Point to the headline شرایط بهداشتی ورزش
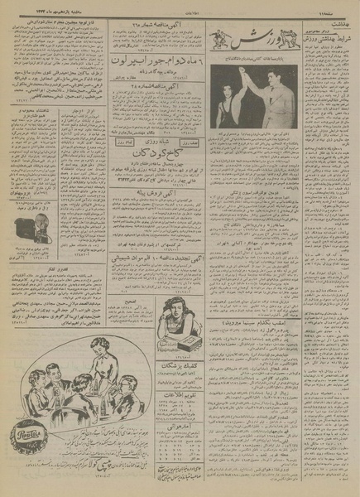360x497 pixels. (324, 46)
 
